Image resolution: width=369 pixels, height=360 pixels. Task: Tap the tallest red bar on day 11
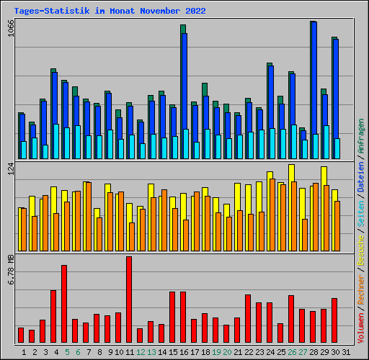(129, 300)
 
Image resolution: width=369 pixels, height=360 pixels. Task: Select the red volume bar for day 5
(64, 304)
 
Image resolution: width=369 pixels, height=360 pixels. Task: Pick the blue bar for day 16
(184, 81)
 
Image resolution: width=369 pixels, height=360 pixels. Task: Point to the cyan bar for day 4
(55, 141)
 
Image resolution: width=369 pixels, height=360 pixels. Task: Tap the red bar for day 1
(21, 335)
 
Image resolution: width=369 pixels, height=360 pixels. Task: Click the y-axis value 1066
(9, 32)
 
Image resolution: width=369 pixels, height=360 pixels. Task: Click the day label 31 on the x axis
(347, 351)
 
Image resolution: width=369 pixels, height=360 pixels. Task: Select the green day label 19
(216, 351)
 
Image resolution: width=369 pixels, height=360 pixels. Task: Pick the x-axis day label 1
(24, 351)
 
